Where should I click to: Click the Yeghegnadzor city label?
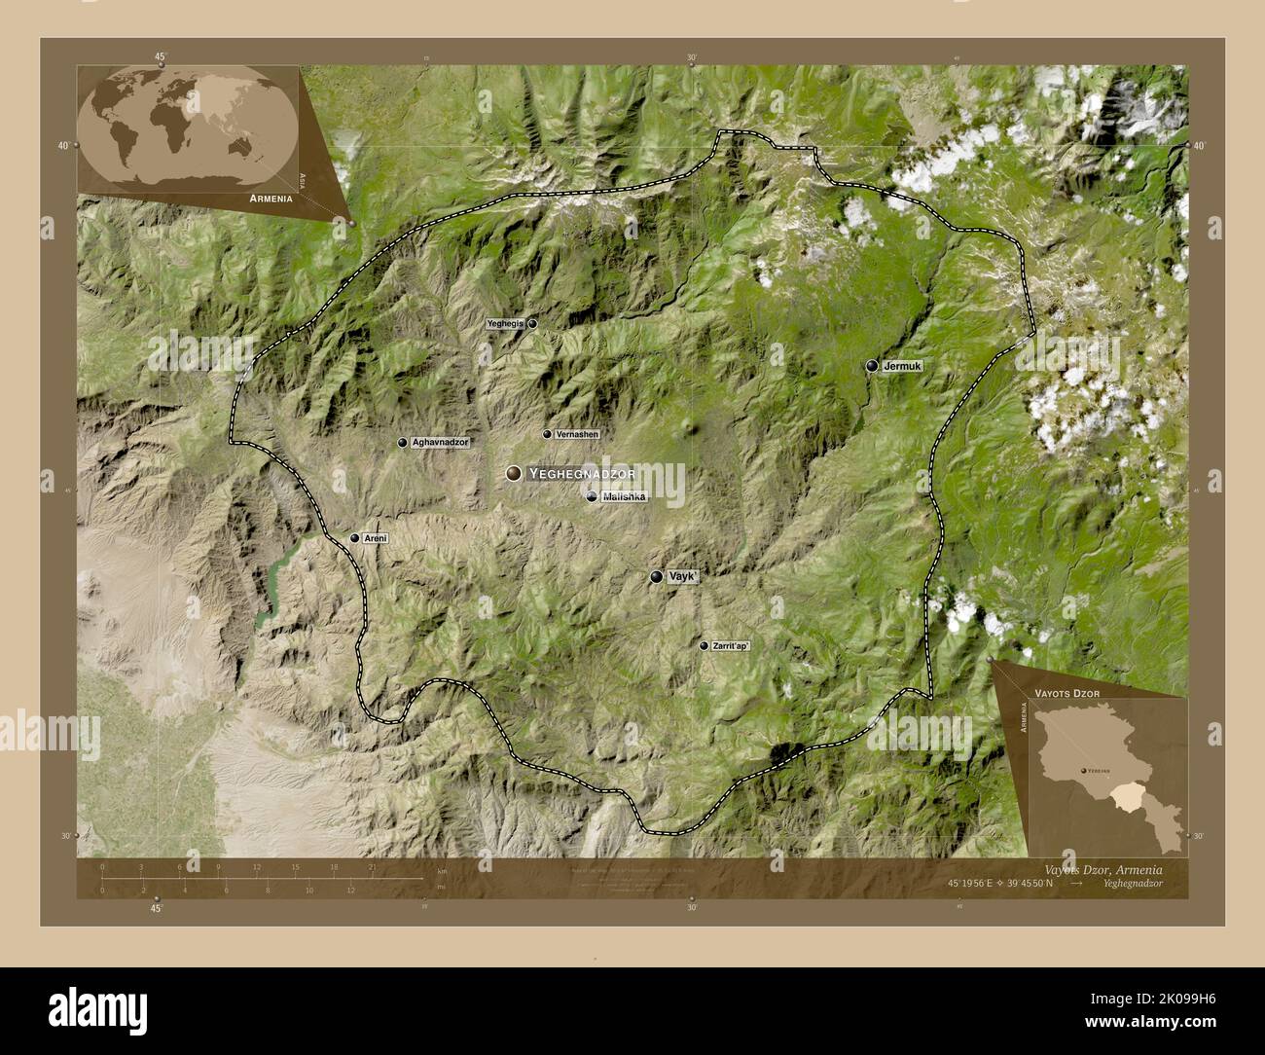(x=582, y=474)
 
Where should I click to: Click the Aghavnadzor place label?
(x=441, y=443)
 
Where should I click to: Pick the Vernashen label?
(x=577, y=434)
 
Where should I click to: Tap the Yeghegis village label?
(x=506, y=323)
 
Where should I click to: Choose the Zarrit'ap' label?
(x=732, y=645)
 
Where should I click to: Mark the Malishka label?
(x=624, y=497)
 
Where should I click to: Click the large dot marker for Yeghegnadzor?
(x=513, y=473)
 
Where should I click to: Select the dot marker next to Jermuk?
(x=872, y=366)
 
